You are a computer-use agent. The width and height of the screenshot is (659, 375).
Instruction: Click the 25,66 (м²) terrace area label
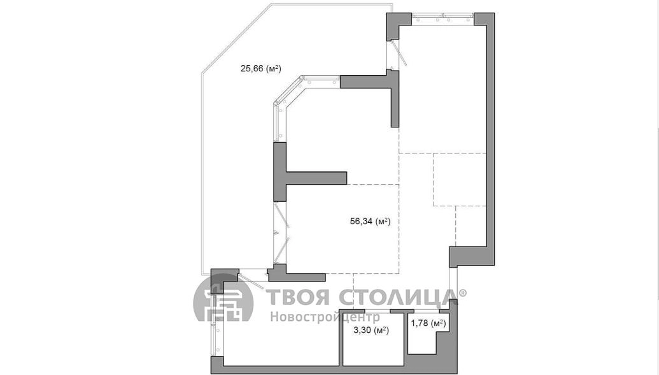click(x=260, y=68)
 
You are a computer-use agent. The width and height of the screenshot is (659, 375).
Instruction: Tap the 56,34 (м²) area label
click(x=371, y=221)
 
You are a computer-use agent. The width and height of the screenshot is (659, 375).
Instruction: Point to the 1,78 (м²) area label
click(x=428, y=323)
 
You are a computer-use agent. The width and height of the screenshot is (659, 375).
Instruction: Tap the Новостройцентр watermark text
click(x=325, y=316)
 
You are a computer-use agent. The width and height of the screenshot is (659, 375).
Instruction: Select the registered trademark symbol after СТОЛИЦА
click(x=462, y=292)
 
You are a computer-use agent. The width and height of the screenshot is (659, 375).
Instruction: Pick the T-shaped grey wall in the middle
click(x=310, y=171)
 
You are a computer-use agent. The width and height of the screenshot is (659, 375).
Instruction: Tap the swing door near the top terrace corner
click(x=397, y=54)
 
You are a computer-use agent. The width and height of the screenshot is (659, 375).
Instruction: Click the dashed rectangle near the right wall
click(x=460, y=180)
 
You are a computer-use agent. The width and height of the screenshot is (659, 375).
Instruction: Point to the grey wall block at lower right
click(x=472, y=257)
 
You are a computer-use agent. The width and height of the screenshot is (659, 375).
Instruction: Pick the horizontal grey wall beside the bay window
click(x=369, y=81)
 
